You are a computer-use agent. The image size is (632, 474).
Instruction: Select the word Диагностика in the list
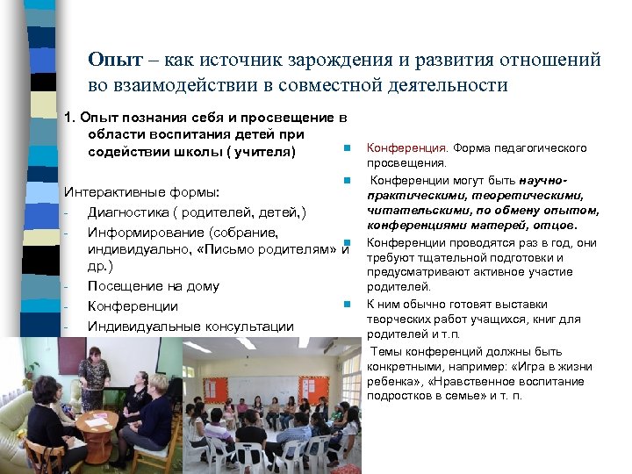[132, 212]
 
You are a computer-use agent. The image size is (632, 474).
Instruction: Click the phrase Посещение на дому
[154, 286]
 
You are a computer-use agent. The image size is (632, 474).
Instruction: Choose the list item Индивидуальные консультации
[190, 326]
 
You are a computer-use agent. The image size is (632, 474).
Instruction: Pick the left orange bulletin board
[206, 359]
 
